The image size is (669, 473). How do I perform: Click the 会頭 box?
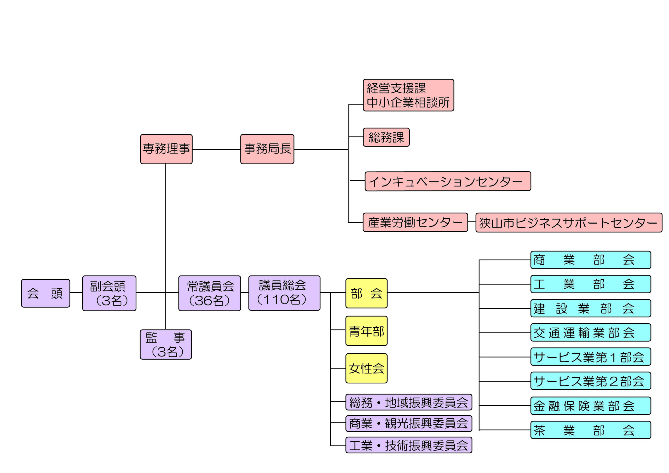click(x=45, y=293)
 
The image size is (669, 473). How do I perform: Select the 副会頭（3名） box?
click(x=109, y=293)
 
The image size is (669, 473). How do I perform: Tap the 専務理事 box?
click(x=166, y=149)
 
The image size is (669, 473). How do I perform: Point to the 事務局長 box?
click(x=267, y=149)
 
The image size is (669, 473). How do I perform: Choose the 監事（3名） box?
click(x=166, y=344)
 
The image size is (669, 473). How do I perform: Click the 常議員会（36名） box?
click(x=210, y=293)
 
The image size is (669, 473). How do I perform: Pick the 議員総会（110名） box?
click(x=284, y=293)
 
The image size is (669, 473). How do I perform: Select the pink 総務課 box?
click(x=386, y=137)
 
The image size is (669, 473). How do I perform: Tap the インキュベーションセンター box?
click(x=448, y=181)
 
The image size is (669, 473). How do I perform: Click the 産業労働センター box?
click(x=415, y=222)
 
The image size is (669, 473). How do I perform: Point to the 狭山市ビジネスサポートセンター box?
click(x=569, y=223)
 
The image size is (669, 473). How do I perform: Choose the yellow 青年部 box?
click(x=366, y=331)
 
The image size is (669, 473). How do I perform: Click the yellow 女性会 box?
click(x=366, y=369)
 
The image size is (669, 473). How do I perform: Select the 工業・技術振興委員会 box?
click(x=408, y=445)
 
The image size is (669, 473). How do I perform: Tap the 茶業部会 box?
click(x=590, y=430)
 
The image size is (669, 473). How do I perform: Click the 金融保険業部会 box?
click(x=590, y=406)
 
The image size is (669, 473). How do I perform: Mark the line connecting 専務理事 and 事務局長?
click(x=216, y=149)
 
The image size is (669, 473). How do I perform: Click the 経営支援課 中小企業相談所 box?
click(x=408, y=95)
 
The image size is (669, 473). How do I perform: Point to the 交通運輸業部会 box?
click(x=590, y=332)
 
